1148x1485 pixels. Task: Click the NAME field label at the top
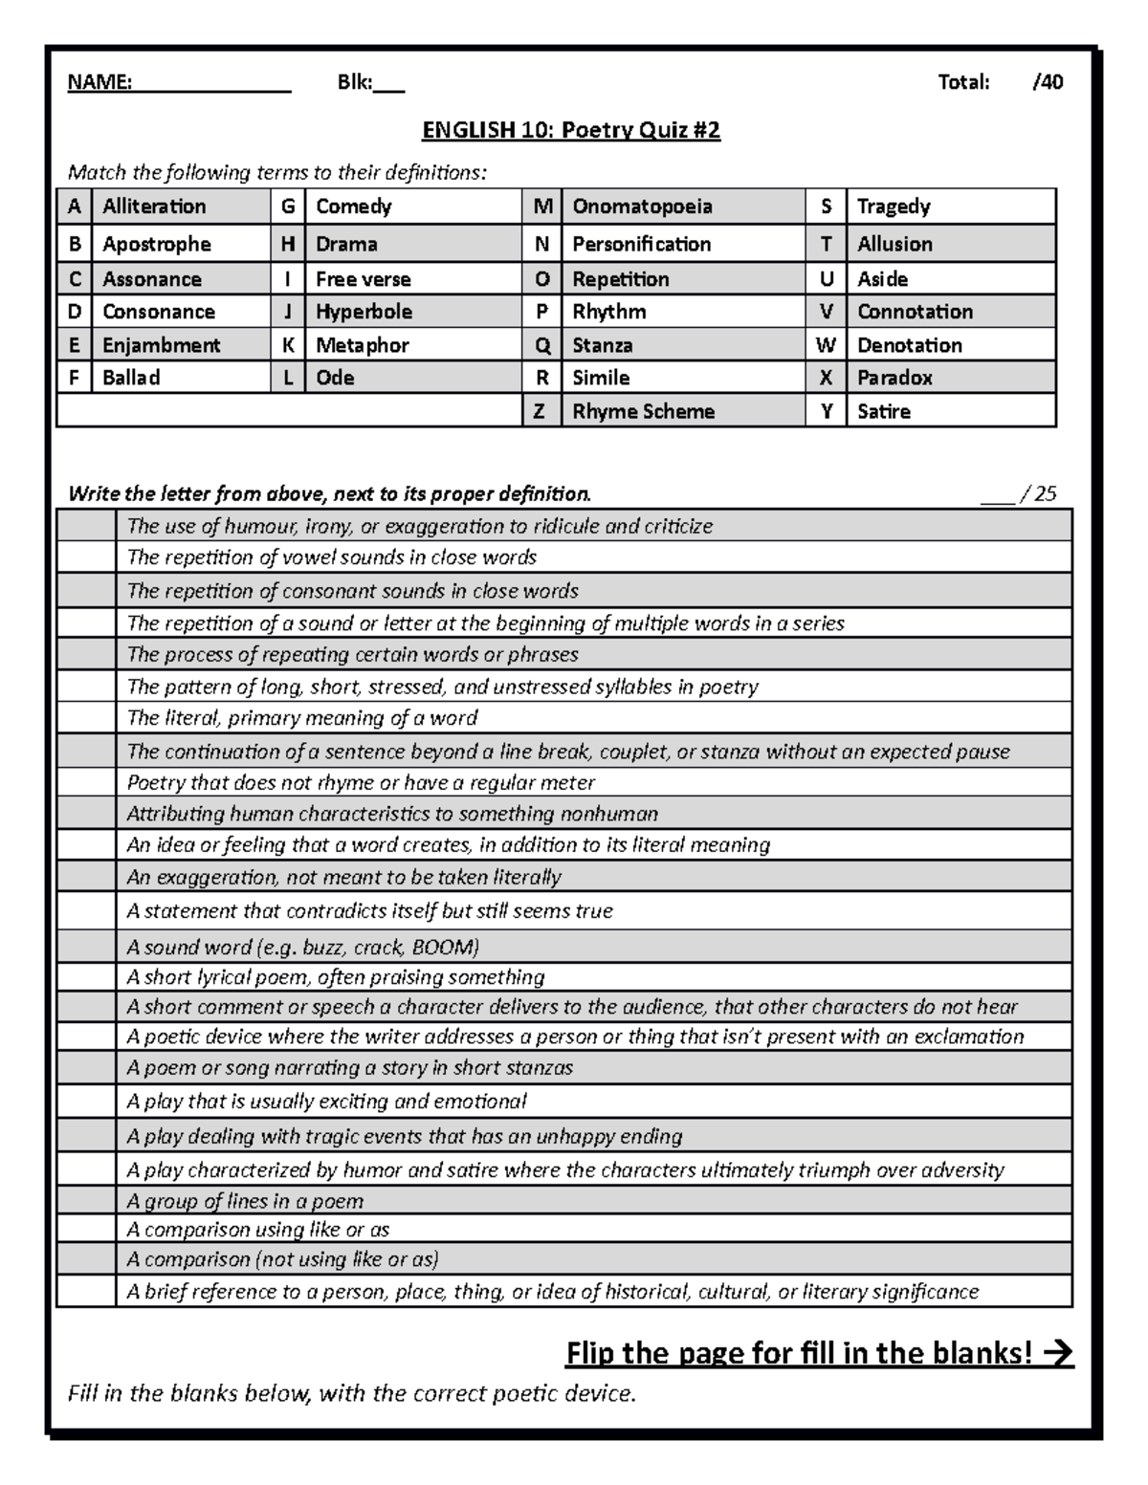[99, 82]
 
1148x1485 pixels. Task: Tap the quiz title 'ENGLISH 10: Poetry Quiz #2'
[571, 130]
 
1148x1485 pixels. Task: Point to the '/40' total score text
[1048, 82]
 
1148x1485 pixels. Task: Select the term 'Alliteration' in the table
[154, 207]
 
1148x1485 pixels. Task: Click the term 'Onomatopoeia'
[642, 207]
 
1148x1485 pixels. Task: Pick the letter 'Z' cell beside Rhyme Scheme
[541, 412]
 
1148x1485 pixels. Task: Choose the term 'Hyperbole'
[364, 312]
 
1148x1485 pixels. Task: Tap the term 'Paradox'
[894, 378]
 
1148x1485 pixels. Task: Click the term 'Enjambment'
[161, 345]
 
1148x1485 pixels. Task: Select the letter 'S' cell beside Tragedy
[826, 207]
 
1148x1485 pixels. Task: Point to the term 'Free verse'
[363, 279]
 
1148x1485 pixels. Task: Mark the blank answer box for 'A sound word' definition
[86, 947]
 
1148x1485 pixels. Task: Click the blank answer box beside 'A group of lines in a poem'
[86, 1201]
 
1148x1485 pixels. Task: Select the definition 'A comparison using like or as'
[258, 1230]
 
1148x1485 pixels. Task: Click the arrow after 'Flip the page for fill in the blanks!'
[1058, 1353]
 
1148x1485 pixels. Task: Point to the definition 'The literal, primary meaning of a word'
[302, 718]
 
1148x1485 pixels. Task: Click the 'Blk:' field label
[354, 82]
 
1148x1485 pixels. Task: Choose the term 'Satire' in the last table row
[883, 412]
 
